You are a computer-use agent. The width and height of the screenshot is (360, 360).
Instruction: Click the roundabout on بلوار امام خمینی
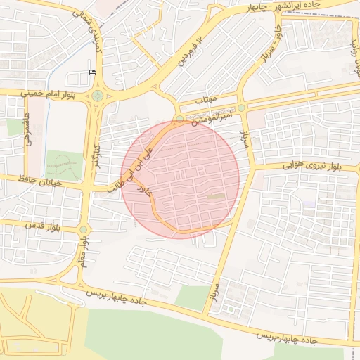point(97,96)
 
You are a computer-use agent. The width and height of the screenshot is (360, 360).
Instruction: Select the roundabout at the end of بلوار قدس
point(84,229)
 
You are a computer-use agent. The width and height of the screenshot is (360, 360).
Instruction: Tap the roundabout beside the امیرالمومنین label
point(241,108)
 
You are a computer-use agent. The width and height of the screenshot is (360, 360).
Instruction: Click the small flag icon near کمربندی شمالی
point(93,72)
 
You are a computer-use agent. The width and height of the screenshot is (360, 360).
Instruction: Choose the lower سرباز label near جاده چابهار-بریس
point(215,295)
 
